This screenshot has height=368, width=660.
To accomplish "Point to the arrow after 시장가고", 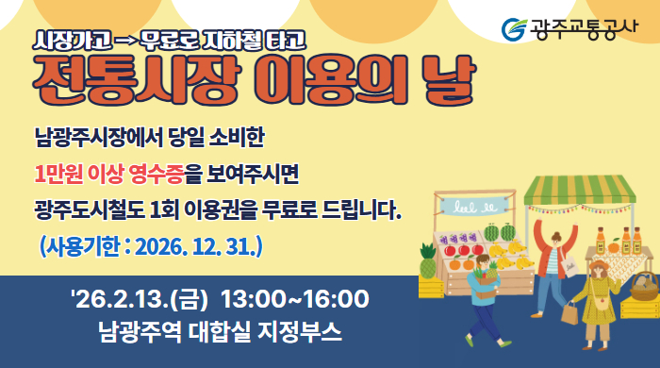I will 125,41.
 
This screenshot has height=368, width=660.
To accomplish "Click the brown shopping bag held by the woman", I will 569,313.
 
